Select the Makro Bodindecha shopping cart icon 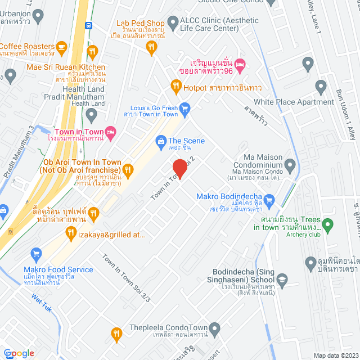click(x=269, y=199)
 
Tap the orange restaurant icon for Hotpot click(x=174, y=87)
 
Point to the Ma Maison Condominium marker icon click(x=290, y=165)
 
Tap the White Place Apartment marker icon click(x=321, y=87)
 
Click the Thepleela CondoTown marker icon click(x=214, y=328)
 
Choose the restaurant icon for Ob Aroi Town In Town click(x=128, y=169)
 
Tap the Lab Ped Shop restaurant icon click(x=150, y=48)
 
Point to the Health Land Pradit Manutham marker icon click(x=92, y=115)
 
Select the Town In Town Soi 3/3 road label click(x=127, y=278)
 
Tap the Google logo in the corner click(x=17, y=353)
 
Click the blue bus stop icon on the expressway click(x=88, y=25)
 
